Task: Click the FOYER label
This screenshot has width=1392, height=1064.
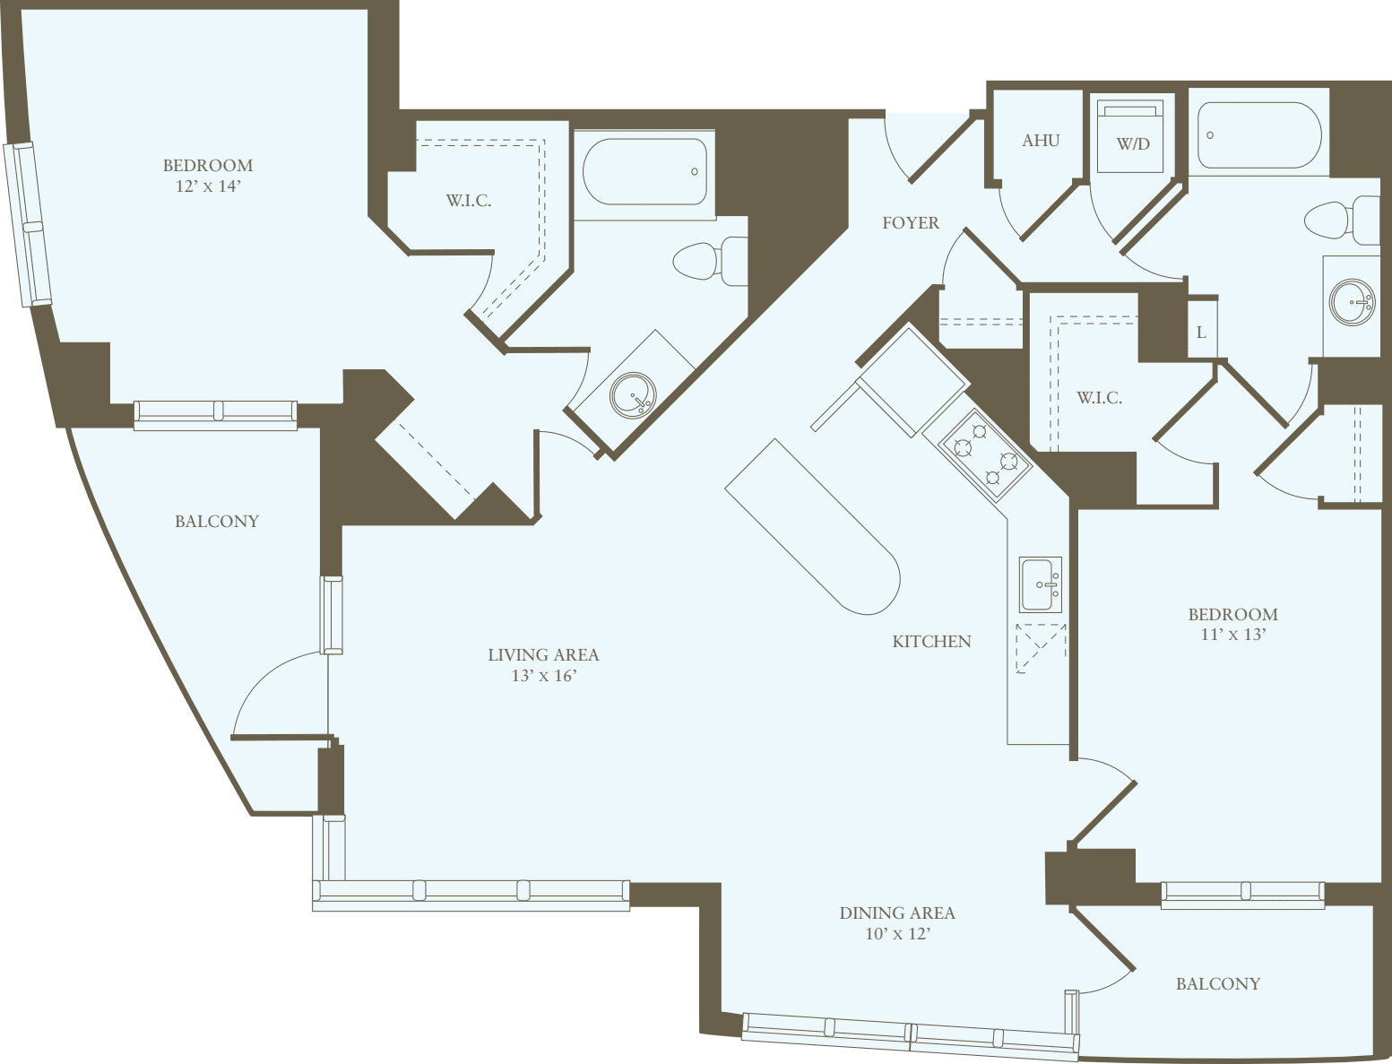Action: click(x=910, y=223)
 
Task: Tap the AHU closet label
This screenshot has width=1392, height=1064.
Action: click(x=1041, y=141)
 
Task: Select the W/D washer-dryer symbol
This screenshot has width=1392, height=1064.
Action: click(x=1132, y=137)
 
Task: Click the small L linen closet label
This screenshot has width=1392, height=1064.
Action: click(x=1201, y=333)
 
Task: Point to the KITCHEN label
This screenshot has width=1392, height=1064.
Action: click(x=931, y=642)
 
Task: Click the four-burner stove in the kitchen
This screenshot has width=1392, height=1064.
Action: click(x=985, y=455)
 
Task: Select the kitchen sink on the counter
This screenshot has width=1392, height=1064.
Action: click(x=1041, y=584)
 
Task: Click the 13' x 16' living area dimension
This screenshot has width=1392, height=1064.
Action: click(x=543, y=676)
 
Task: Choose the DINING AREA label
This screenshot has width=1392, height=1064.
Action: click(x=896, y=913)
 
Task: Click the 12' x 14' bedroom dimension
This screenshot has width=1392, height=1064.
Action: click(x=208, y=186)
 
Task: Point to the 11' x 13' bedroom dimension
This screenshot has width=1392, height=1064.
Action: click(x=1232, y=635)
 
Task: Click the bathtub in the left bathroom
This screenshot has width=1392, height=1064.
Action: click(x=644, y=171)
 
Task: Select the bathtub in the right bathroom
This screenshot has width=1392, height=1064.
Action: click(x=1258, y=135)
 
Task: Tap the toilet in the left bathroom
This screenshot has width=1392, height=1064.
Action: click(x=708, y=261)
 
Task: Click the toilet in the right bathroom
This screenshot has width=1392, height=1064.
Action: click(x=1340, y=220)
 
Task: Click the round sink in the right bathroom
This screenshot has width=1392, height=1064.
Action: click(x=1352, y=302)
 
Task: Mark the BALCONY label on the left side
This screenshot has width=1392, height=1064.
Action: click(x=217, y=522)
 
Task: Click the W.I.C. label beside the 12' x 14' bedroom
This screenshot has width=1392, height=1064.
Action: click(x=468, y=201)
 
